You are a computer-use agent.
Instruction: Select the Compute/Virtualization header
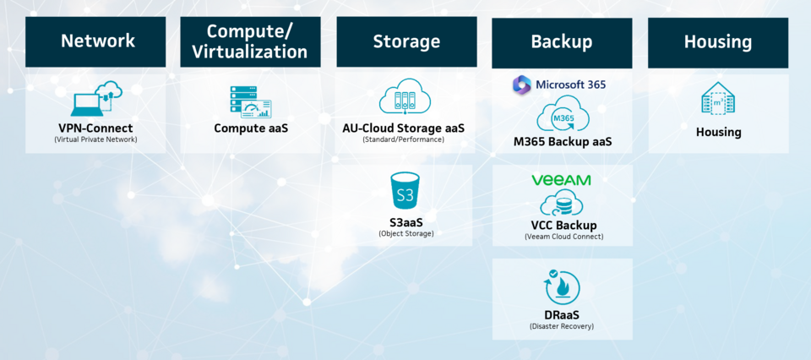click(x=250, y=41)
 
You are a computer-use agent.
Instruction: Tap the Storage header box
click(x=406, y=41)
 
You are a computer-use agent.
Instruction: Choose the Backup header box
click(x=562, y=41)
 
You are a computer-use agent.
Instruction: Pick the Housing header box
click(x=718, y=41)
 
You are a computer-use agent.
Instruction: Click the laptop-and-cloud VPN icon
click(x=95, y=99)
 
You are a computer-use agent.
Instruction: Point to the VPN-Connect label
click(x=95, y=128)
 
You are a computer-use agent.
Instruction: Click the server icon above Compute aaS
click(x=250, y=101)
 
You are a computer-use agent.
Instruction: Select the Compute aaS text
click(x=250, y=128)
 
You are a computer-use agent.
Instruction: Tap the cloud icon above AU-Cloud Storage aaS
click(x=405, y=98)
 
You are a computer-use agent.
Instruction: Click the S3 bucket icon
click(x=405, y=193)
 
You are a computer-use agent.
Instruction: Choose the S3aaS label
click(x=406, y=221)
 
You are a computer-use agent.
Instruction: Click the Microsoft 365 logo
click(x=559, y=85)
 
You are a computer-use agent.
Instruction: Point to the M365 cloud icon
click(x=562, y=115)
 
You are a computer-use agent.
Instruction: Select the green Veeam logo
click(x=562, y=180)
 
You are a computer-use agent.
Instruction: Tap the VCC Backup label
click(x=562, y=226)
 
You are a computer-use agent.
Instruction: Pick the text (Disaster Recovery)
click(x=562, y=326)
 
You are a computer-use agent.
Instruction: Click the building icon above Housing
click(x=718, y=99)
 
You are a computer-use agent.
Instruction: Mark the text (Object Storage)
click(x=406, y=233)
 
